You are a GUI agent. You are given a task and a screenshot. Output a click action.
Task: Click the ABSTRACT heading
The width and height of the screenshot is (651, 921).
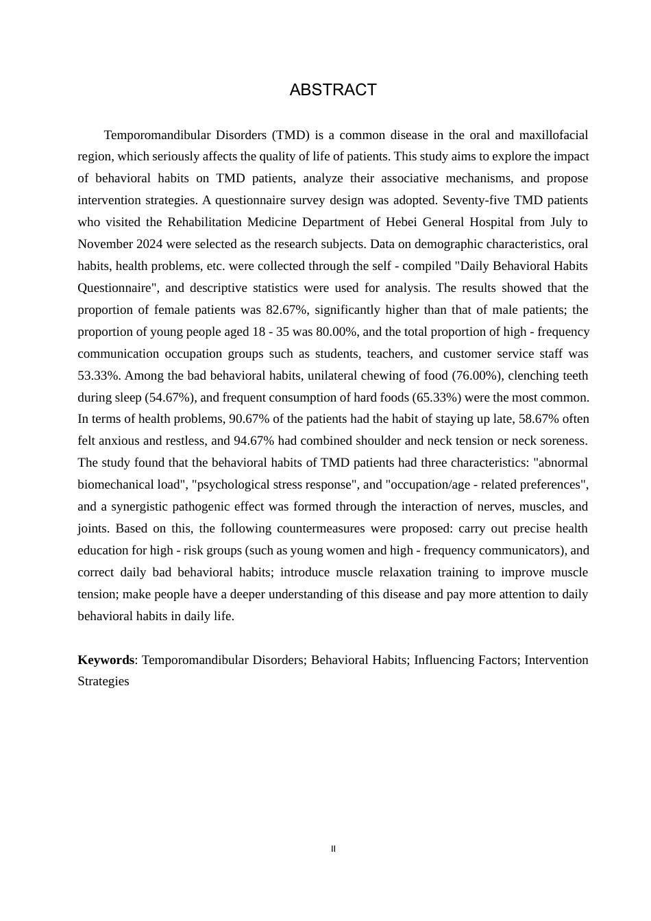tap(333, 90)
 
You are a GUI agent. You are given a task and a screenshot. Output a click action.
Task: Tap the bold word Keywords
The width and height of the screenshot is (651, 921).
tap(106, 660)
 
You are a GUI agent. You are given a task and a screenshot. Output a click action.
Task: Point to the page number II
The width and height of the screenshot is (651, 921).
tap(334, 849)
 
